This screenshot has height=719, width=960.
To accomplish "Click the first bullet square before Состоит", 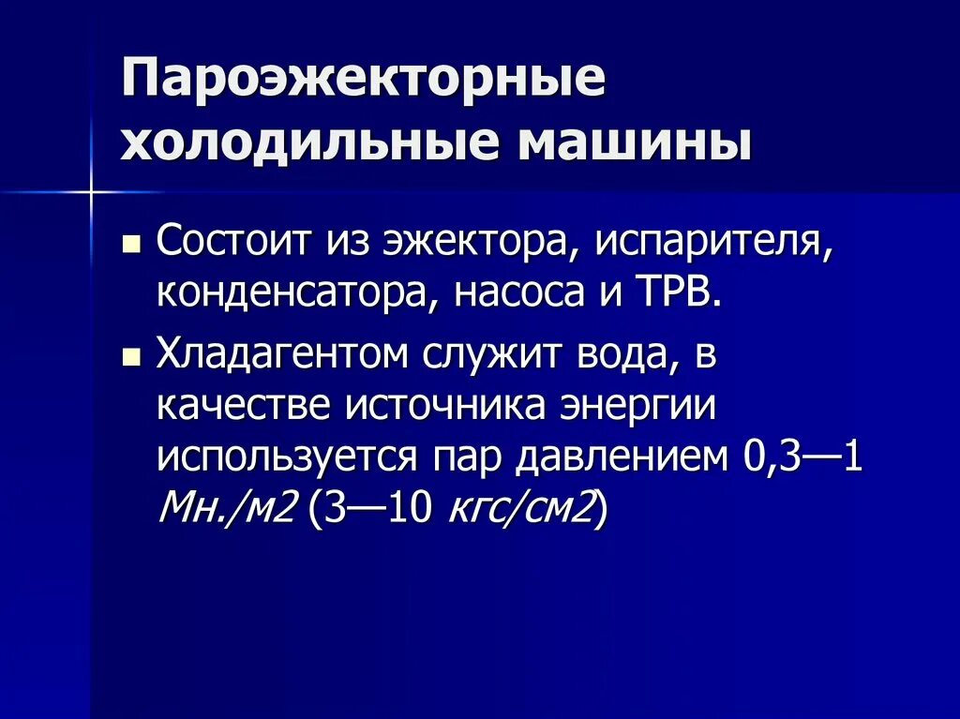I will [132, 247].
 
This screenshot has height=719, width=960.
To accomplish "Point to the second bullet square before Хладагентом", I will [132, 357].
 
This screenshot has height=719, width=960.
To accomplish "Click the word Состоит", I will [235, 242].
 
